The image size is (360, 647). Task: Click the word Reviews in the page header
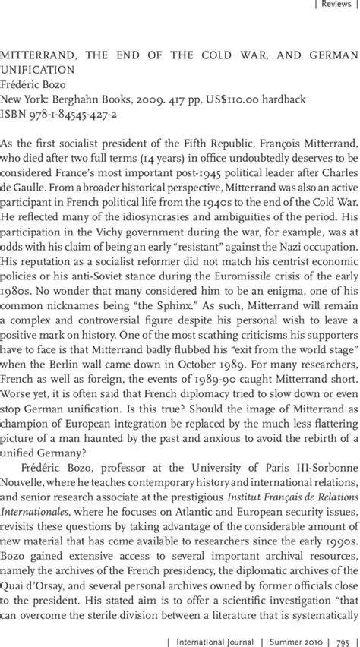[x=334, y=5]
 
